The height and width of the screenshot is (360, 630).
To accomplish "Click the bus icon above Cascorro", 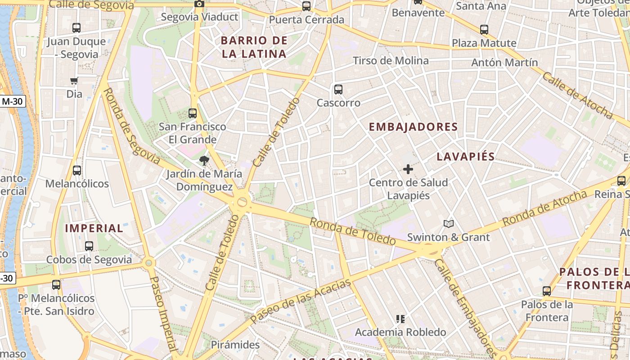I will [x=338, y=89].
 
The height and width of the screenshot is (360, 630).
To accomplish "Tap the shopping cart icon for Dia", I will [x=74, y=81].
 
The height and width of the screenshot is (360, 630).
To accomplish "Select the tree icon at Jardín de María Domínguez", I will [x=204, y=161].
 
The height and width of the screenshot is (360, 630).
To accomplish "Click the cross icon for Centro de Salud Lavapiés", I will [x=408, y=169].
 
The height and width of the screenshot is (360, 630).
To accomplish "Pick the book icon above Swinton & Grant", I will [x=448, y=224].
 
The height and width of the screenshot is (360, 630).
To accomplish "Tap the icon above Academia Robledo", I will [x=400, y=319].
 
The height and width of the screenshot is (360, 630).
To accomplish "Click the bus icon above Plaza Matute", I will [x=484, y=30].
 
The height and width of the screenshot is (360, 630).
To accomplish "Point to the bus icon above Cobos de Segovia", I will [x=89, y=246].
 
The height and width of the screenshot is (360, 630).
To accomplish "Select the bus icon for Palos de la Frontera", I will [x=547, y=291].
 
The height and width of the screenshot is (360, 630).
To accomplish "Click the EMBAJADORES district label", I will [x=413, y=127].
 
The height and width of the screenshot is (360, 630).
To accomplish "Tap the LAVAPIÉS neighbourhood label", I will [x=466, y=157].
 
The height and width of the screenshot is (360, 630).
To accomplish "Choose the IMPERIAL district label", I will [x=94, y=228].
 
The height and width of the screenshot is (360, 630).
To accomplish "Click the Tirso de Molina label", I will [x=391, y=60].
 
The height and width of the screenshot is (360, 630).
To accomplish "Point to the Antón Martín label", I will [x=504, y=63].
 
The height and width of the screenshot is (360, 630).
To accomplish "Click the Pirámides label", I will [x=235, y=345].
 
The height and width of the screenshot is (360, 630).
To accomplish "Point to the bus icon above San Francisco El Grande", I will [x=193, y=113].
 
